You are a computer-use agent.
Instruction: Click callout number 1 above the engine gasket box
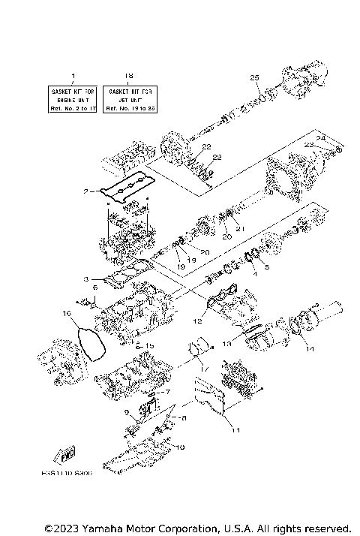(73, 76)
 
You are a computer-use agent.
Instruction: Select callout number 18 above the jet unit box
(128, 76)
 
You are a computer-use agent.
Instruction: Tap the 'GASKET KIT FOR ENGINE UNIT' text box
(73, 98)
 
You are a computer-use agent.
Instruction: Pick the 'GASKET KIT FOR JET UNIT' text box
(128, 98)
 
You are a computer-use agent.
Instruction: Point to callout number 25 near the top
(253, 78)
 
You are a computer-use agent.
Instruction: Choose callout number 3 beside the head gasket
(87, 279)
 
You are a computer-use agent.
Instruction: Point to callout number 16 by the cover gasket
(66, 313)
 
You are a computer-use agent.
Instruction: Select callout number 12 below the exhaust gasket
(198, 321)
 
